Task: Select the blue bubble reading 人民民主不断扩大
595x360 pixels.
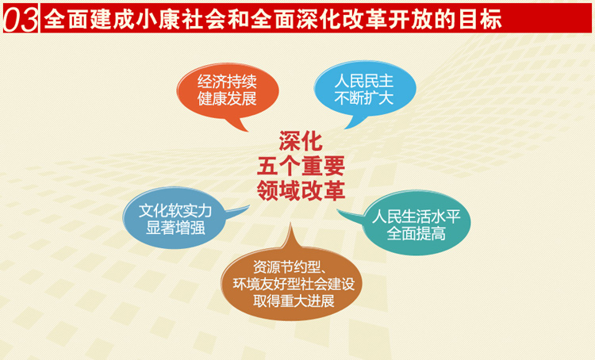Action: tap(363, 90)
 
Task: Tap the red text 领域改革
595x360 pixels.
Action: tap(298, 190)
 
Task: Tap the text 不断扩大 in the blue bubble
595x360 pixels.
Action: tap(363, 99)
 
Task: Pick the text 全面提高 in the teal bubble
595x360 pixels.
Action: tap(416, 234)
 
